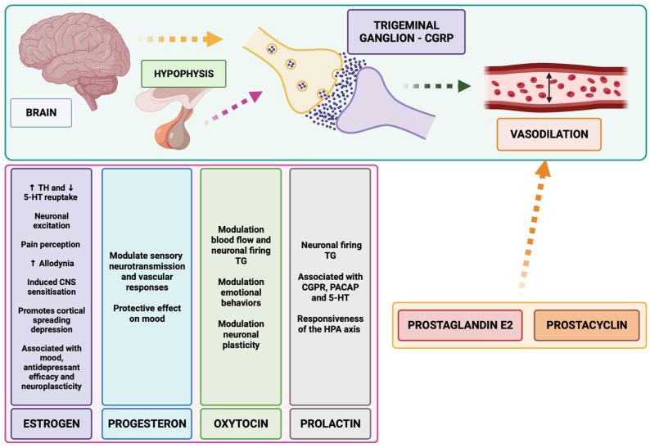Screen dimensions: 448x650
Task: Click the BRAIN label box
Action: (42, 111)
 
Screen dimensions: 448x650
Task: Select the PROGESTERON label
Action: (147, 424)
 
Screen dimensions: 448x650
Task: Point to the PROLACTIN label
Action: (329, 424)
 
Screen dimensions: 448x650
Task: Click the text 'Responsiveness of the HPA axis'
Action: (329, 324)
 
